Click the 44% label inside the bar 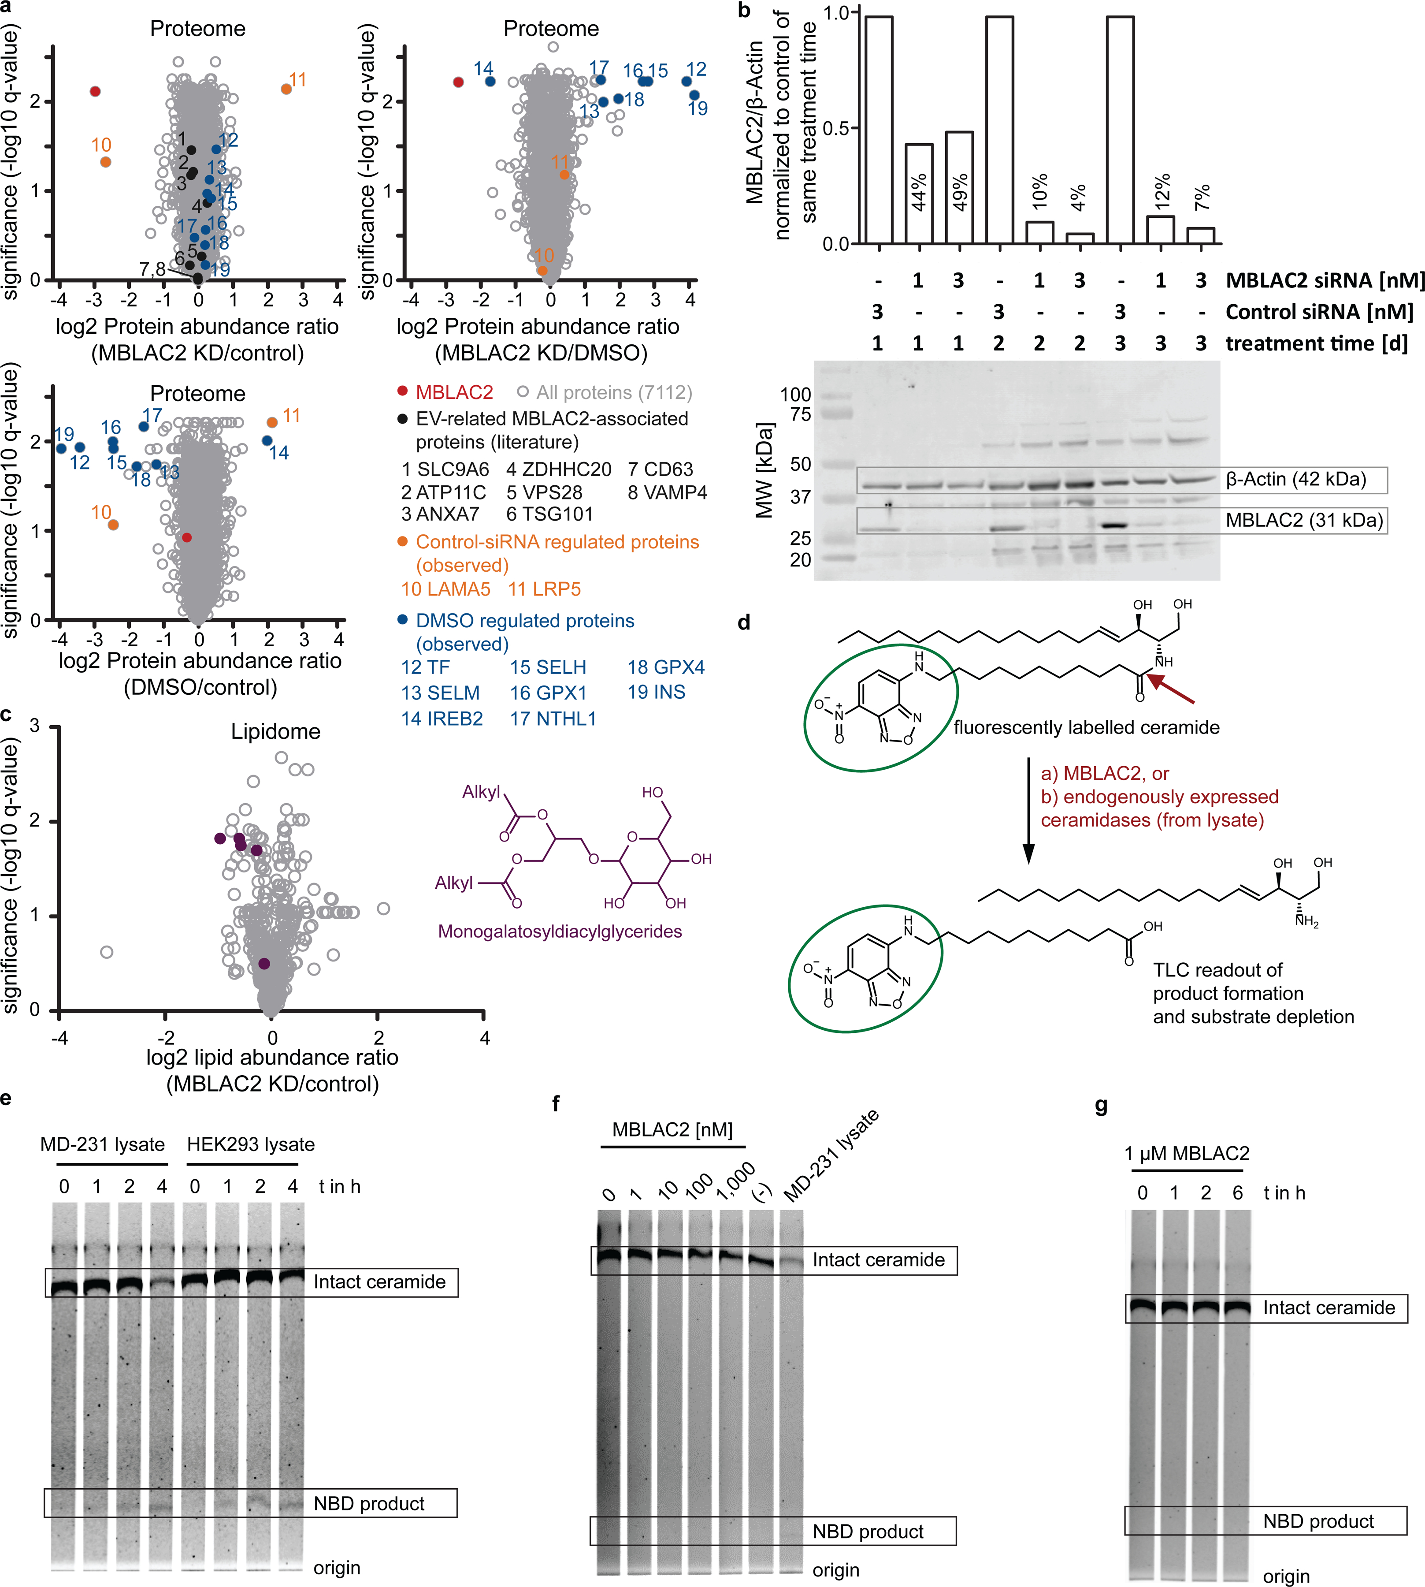(x=919, y=192)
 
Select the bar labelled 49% (x=959, y=188)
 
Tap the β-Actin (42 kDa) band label (x=1296, y=479)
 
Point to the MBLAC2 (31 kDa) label (x=1304, y=520)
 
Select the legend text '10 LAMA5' (x=445, y=589)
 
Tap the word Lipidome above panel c (x=275, y=732)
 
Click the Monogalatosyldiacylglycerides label (x=560, y=931)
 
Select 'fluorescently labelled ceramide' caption (x=1086, y=728)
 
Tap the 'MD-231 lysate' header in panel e (x=103, y=1144)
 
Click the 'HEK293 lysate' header (x=251, y=1144)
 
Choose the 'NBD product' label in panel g (x=1318, y=1521)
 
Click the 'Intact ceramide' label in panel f (x=879, y=1259)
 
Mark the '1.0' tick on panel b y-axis (x=837, y=13)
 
